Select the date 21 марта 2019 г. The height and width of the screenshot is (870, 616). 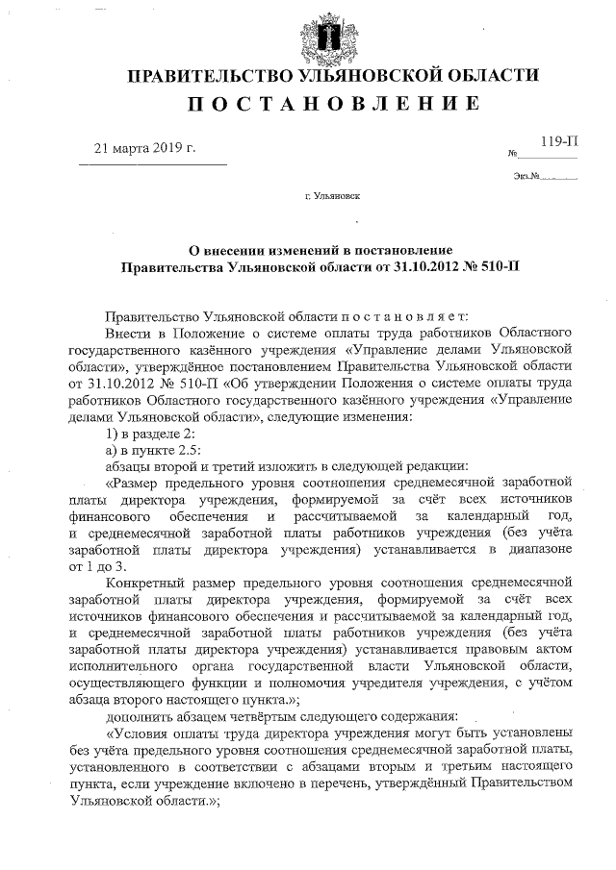tap(144, 149)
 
